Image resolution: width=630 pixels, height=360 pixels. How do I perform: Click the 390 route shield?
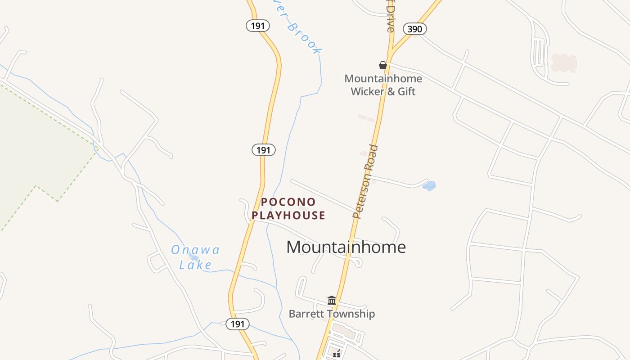(414, 29)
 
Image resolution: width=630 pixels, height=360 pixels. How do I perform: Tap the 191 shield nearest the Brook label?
(257, 26)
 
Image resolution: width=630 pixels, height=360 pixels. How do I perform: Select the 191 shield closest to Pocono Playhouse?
(263, 150)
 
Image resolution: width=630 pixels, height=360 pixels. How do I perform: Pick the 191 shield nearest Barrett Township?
(237, 324)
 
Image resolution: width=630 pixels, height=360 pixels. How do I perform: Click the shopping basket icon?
(383, 65)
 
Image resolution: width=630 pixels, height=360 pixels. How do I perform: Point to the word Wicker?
(367, 91)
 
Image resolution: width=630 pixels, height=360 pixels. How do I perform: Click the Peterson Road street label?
(365, 181)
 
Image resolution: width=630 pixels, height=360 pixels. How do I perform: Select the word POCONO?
(288, 202)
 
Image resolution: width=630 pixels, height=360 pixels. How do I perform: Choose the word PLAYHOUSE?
(288, 216)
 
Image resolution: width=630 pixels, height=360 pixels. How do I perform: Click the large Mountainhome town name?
(346, 247)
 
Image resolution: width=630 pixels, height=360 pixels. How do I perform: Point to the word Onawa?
(195, 250)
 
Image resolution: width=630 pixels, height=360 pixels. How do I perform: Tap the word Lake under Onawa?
(195, 265)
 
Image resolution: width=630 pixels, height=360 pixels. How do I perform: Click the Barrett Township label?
(332, 314)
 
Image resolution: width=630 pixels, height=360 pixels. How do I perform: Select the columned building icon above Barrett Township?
(332, 300)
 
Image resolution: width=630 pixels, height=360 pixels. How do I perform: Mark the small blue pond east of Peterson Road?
(429, 185)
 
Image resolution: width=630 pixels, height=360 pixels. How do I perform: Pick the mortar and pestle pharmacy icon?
(336, 354)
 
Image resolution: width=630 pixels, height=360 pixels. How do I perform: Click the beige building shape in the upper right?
(564, 63)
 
